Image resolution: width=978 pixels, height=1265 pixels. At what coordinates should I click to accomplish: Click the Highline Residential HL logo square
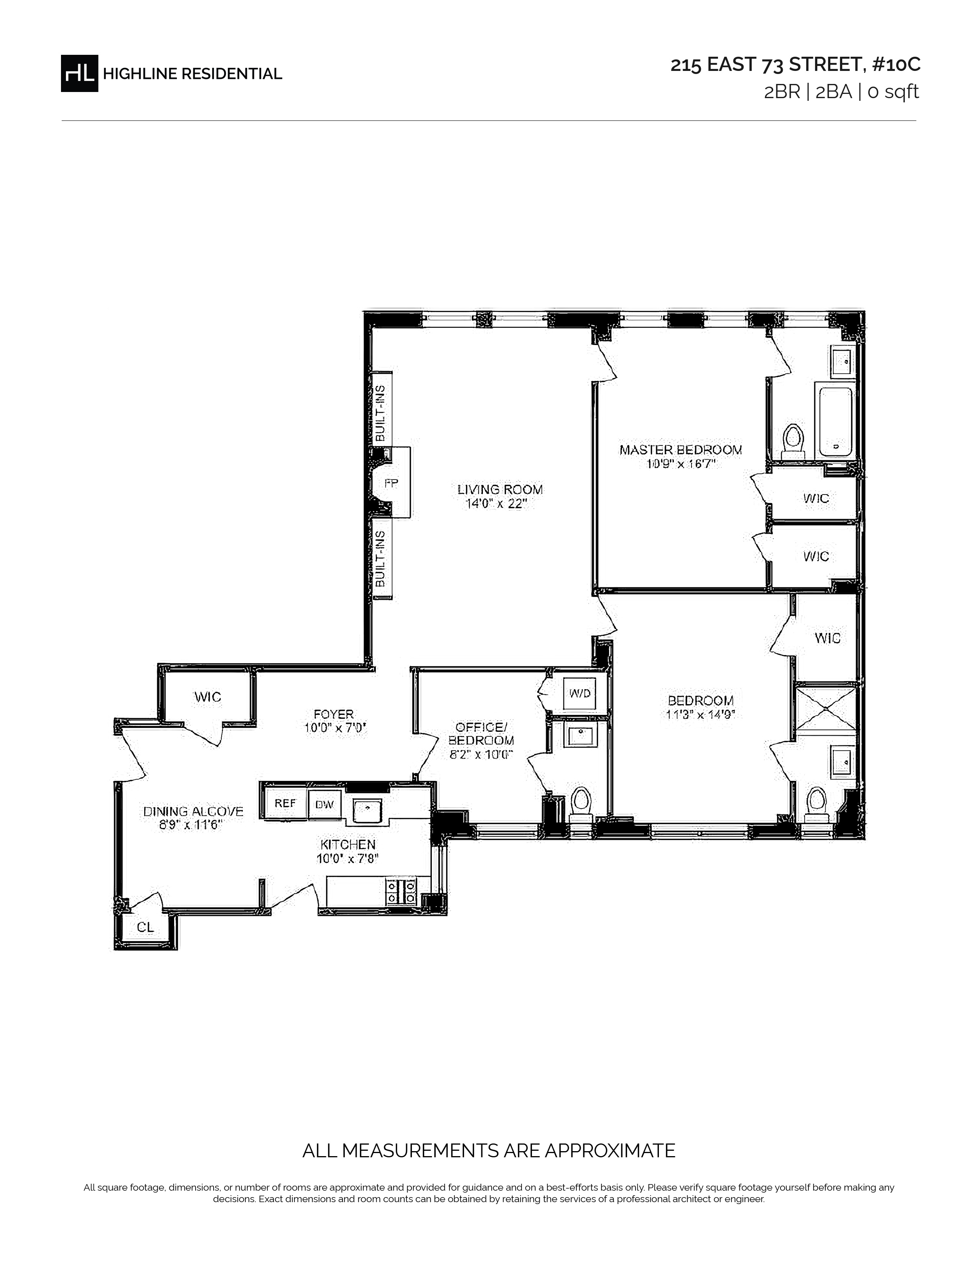click(x=79, y=73)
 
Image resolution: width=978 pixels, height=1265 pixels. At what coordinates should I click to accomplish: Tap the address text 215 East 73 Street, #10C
click(x=795, y=65)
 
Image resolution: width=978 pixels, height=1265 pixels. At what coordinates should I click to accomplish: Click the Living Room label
click(x=500, y=490)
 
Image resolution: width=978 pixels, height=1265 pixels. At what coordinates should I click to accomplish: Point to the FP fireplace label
click(x=392, y=483)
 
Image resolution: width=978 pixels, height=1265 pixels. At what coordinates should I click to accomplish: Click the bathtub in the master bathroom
click(x=835, y=420)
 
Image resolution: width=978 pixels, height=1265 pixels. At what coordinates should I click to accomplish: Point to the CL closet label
click(x=145, y=927)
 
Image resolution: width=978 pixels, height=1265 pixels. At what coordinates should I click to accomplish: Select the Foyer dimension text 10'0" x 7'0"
click(x=336, y=728)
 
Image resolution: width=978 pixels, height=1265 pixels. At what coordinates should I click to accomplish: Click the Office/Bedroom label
click(x=481, y=733)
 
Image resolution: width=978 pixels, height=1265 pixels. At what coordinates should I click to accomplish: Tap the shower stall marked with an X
click(x=826, y=707)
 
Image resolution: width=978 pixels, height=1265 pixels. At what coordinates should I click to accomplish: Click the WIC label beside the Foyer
click(x=207, y=697)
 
